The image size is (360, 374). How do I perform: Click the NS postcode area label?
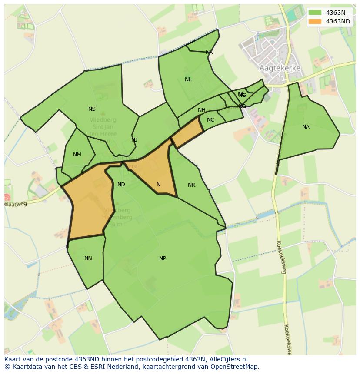pos(92,109)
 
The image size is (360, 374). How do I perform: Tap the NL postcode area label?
pos(188,79)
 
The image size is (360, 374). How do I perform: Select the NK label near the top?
pos(209,52)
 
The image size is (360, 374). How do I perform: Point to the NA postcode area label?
pos(306,127)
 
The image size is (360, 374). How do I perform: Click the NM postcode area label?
pos(77,155)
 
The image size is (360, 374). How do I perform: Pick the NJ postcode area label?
pos(134,139)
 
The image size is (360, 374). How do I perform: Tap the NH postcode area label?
pos(201,110)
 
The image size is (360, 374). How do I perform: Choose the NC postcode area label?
pos(210,120)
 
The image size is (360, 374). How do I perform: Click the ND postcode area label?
pos(121,185)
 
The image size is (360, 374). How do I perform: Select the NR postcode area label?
pos(191,185)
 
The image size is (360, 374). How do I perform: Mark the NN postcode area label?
pos(88,258)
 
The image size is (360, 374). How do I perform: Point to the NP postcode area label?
pos(162,258)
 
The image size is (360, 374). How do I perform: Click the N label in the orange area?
pos(158,185)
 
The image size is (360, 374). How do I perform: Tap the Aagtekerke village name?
pos(280,68)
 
